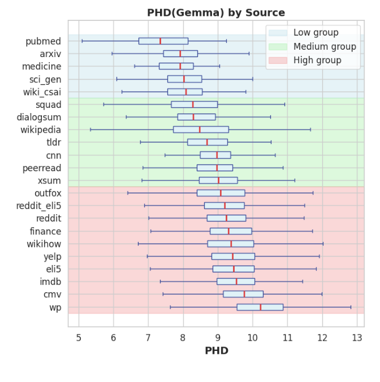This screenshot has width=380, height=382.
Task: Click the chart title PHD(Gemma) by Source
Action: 216,13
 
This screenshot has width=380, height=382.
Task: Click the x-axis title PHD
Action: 216,351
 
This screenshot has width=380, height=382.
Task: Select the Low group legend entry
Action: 316,33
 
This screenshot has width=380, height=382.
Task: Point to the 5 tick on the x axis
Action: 79,338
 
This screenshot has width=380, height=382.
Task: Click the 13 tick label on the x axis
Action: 357,338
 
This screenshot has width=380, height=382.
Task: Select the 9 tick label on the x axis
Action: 218,338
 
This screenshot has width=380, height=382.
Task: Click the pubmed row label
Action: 44,41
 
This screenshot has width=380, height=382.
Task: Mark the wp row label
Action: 55,307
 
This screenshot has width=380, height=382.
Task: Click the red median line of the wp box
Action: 261,307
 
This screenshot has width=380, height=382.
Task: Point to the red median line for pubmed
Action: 160,41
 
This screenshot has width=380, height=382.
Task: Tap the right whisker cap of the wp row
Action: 351,307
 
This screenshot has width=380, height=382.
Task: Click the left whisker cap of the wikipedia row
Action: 90,129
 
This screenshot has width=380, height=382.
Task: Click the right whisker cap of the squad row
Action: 284,105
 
